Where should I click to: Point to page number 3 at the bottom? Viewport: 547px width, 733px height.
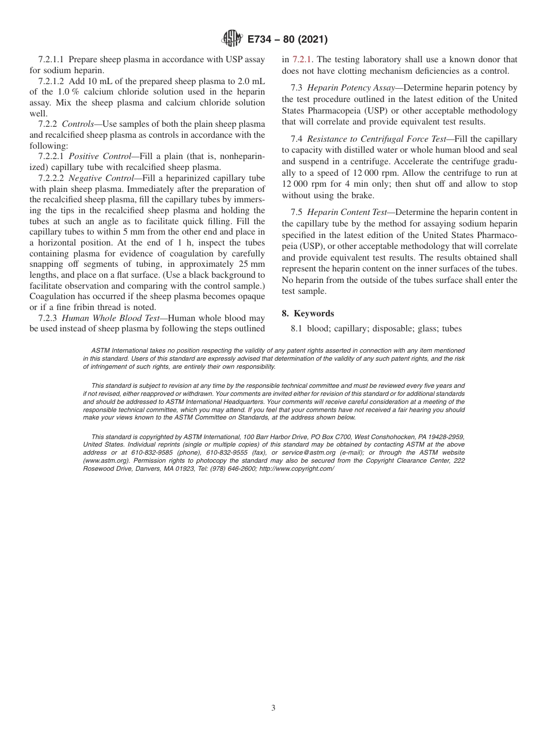pyautogui.click(x=273, y=708)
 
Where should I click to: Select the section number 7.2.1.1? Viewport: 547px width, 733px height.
pyautogui.click(x=53, y=59)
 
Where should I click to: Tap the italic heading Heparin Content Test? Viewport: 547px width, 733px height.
pyautogui.click(x=348, y=212)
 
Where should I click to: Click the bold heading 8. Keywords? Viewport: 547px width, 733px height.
pyautogui.click(x=307, y=313)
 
